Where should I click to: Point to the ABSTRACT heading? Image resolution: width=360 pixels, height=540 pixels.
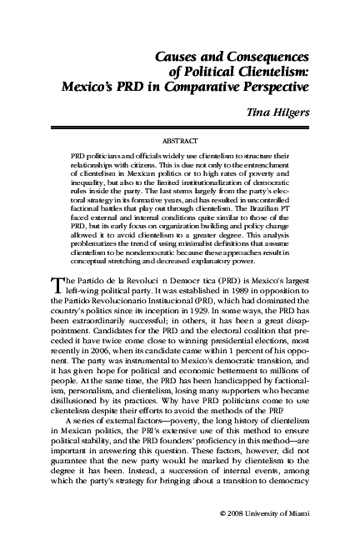coord(179,142)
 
